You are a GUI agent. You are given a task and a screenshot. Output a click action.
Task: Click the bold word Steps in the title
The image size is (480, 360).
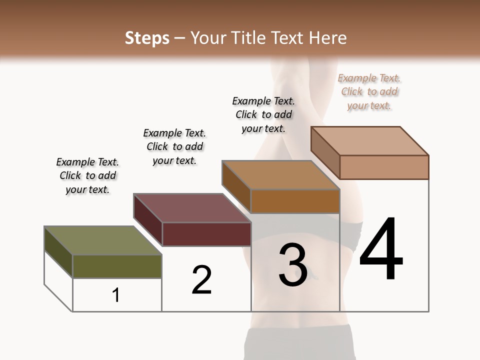(147, 38)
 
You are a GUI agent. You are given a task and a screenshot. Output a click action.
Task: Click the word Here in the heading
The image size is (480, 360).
(328, 38)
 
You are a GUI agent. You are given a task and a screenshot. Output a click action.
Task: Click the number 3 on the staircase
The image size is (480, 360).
(293, 265)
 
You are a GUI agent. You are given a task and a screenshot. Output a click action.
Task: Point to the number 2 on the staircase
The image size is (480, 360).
(202, 280)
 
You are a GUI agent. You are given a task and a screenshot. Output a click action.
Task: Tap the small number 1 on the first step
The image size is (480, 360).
(116, 295)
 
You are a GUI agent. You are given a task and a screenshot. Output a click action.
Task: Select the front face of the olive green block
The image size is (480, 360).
(117, 266)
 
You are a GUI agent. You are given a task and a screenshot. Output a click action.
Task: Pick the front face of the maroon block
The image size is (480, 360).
(206, 234)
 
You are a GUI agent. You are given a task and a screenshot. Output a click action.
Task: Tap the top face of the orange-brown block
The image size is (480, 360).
(280, 175)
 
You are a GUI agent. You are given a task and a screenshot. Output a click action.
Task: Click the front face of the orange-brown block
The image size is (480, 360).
(295, 201)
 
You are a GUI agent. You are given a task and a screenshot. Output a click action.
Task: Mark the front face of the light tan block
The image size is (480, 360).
(384, 167)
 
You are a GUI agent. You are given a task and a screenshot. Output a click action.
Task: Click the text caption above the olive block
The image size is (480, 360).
(87, 175)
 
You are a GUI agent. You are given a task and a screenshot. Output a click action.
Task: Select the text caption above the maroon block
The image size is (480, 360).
(174, 146)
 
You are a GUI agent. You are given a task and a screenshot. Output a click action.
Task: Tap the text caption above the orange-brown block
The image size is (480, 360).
(263, 114)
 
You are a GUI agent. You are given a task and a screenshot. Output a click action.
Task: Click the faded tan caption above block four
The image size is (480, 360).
(369, 91)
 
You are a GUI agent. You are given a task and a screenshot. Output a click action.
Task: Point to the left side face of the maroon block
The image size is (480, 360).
(148, 220)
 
